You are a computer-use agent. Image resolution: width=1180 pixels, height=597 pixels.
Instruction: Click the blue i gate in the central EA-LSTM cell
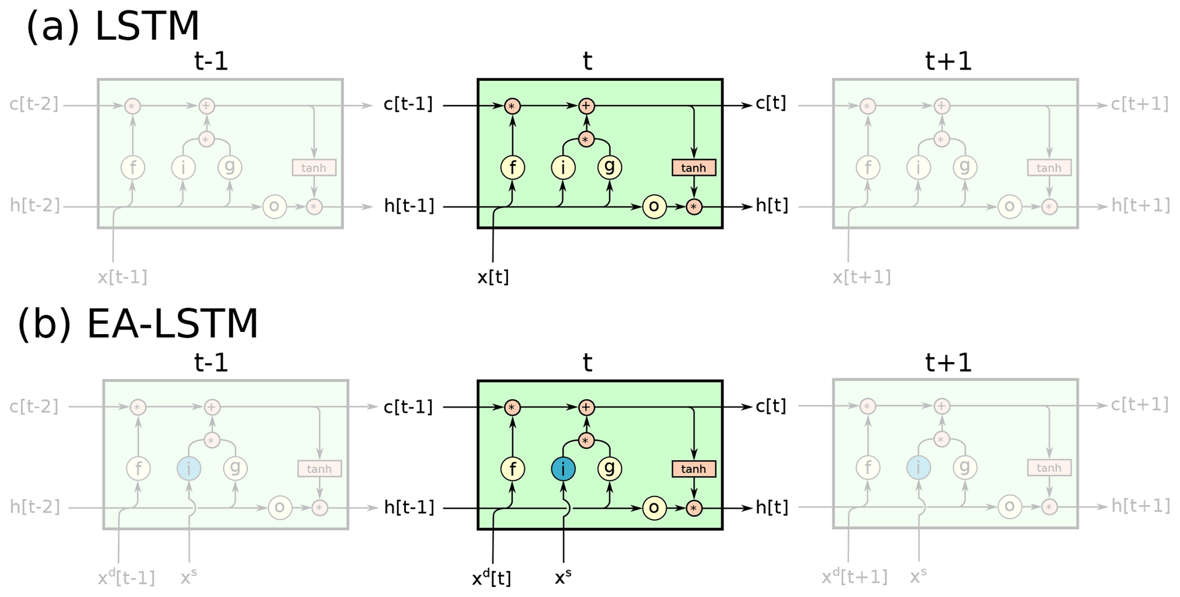click(563, 469)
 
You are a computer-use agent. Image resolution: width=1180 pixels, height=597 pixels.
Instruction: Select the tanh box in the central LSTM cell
click(694, 168)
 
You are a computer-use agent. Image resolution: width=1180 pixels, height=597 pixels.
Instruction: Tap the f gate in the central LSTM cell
click(513, 168)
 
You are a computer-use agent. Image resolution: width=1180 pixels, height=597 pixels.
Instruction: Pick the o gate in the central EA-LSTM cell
click(654, 507)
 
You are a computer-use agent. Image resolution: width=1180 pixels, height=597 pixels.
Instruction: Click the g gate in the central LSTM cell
click(610, 167)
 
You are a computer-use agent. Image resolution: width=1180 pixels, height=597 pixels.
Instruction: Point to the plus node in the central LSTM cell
click(586, 106)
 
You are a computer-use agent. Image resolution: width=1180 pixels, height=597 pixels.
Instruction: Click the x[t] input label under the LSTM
click(493, 277)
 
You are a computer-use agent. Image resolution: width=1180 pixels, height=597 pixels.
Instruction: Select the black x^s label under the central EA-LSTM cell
click(563, 577)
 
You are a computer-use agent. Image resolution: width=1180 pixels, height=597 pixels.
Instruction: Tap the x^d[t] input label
click(492, 578)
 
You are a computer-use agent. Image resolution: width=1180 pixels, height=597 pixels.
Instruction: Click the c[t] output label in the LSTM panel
click(771, 104)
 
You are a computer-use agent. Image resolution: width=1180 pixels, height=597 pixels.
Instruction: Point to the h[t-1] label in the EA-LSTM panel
click(409, 507)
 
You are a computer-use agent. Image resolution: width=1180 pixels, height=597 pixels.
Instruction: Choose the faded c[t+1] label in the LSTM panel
click(1139, 104)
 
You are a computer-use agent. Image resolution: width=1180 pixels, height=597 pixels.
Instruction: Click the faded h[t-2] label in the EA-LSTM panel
click(35, 507)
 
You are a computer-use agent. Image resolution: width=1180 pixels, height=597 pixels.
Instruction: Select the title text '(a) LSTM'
click(113, 27)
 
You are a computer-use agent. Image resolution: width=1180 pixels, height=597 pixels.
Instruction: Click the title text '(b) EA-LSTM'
click(138, 324)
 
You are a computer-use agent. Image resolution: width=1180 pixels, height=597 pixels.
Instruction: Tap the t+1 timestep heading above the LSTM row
click(948, 61)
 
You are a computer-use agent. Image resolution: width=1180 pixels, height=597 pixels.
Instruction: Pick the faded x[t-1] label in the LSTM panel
click(122, 277)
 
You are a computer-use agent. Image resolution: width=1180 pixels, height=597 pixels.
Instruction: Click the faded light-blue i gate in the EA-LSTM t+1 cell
click(919, 468)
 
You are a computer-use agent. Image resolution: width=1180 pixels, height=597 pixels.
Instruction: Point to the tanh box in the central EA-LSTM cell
click(694, 469)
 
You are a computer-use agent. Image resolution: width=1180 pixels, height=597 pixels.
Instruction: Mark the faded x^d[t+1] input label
click(855, 577)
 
